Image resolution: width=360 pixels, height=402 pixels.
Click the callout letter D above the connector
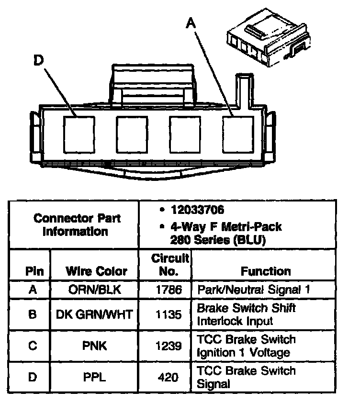pyautogui.click(x=39, y=60)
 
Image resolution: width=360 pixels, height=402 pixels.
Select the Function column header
pyautogui.click(x=266, y=271)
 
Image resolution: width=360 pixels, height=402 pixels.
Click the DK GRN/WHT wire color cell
pyautogui.click(x=94, y=314)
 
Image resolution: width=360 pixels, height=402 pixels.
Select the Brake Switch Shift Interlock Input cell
pyautogui.click(x=246, y=314)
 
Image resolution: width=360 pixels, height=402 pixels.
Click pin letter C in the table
pyautogui.click(x=32, y=346)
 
